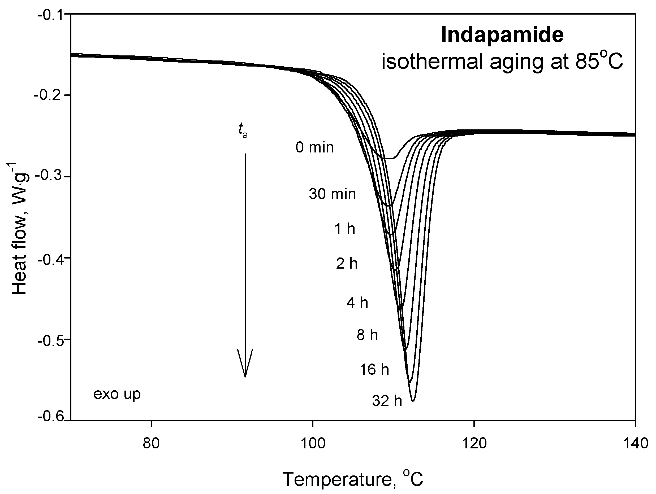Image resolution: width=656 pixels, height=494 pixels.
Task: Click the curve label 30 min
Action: click(333, 194)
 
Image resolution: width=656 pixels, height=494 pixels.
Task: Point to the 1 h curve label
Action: click(345, 229)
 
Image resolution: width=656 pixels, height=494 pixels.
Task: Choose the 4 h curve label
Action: click(357, 303)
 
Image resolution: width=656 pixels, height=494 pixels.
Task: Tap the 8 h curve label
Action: click(367, 335)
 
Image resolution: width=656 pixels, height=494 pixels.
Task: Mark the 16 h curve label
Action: click(374, 370)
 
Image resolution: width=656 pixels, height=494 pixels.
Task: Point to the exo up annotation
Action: click(117, 394)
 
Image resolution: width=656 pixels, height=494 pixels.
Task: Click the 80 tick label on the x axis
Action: click(151, 444)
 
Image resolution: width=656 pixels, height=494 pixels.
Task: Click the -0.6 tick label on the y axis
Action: click(50, 417)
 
